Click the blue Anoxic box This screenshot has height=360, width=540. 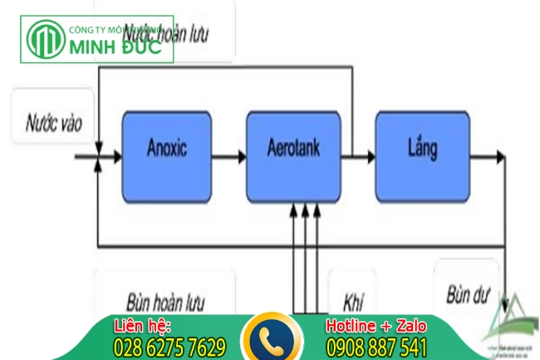pos(166,150)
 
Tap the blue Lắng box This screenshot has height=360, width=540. pos(423,150)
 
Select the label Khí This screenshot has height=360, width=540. pos(354,298)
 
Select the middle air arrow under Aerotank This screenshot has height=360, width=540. pos(305,249)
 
